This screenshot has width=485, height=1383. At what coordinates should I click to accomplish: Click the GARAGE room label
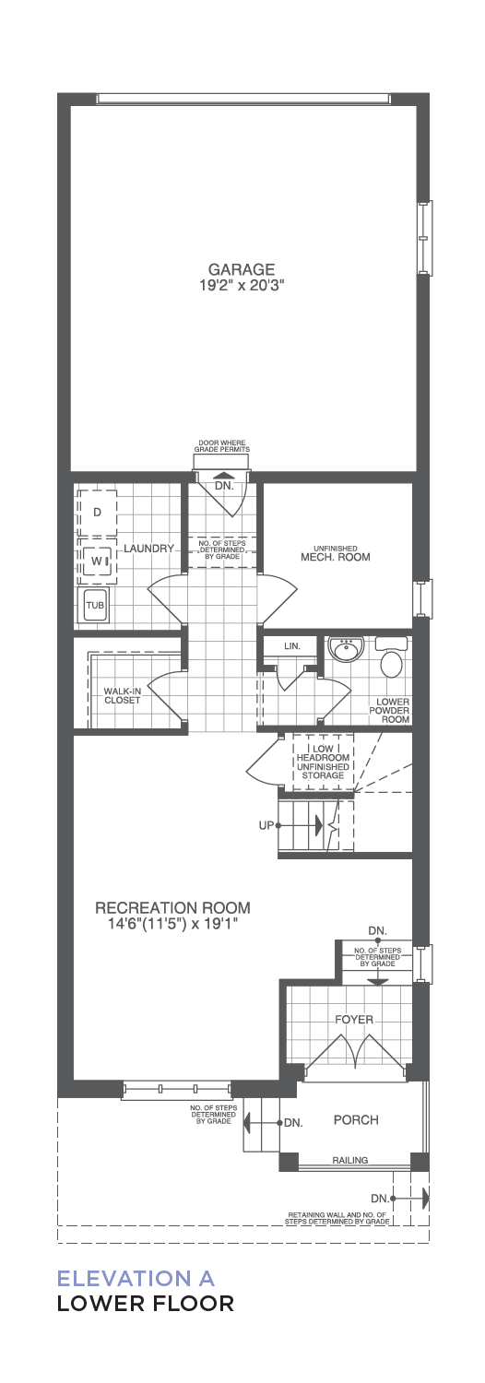241,269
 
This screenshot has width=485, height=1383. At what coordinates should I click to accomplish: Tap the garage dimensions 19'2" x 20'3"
241,285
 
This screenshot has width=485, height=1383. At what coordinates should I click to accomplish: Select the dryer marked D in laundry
97,513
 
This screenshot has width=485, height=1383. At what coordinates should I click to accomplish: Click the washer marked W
97,561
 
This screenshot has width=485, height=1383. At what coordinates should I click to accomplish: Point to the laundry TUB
95,605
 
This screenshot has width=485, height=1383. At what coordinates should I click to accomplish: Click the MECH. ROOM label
335,557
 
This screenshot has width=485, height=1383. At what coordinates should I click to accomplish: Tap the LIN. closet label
291,646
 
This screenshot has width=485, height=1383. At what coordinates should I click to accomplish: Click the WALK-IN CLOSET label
122,696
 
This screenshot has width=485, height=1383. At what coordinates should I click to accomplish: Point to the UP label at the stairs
266,825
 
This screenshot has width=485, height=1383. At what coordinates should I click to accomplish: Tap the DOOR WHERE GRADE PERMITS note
222,446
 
